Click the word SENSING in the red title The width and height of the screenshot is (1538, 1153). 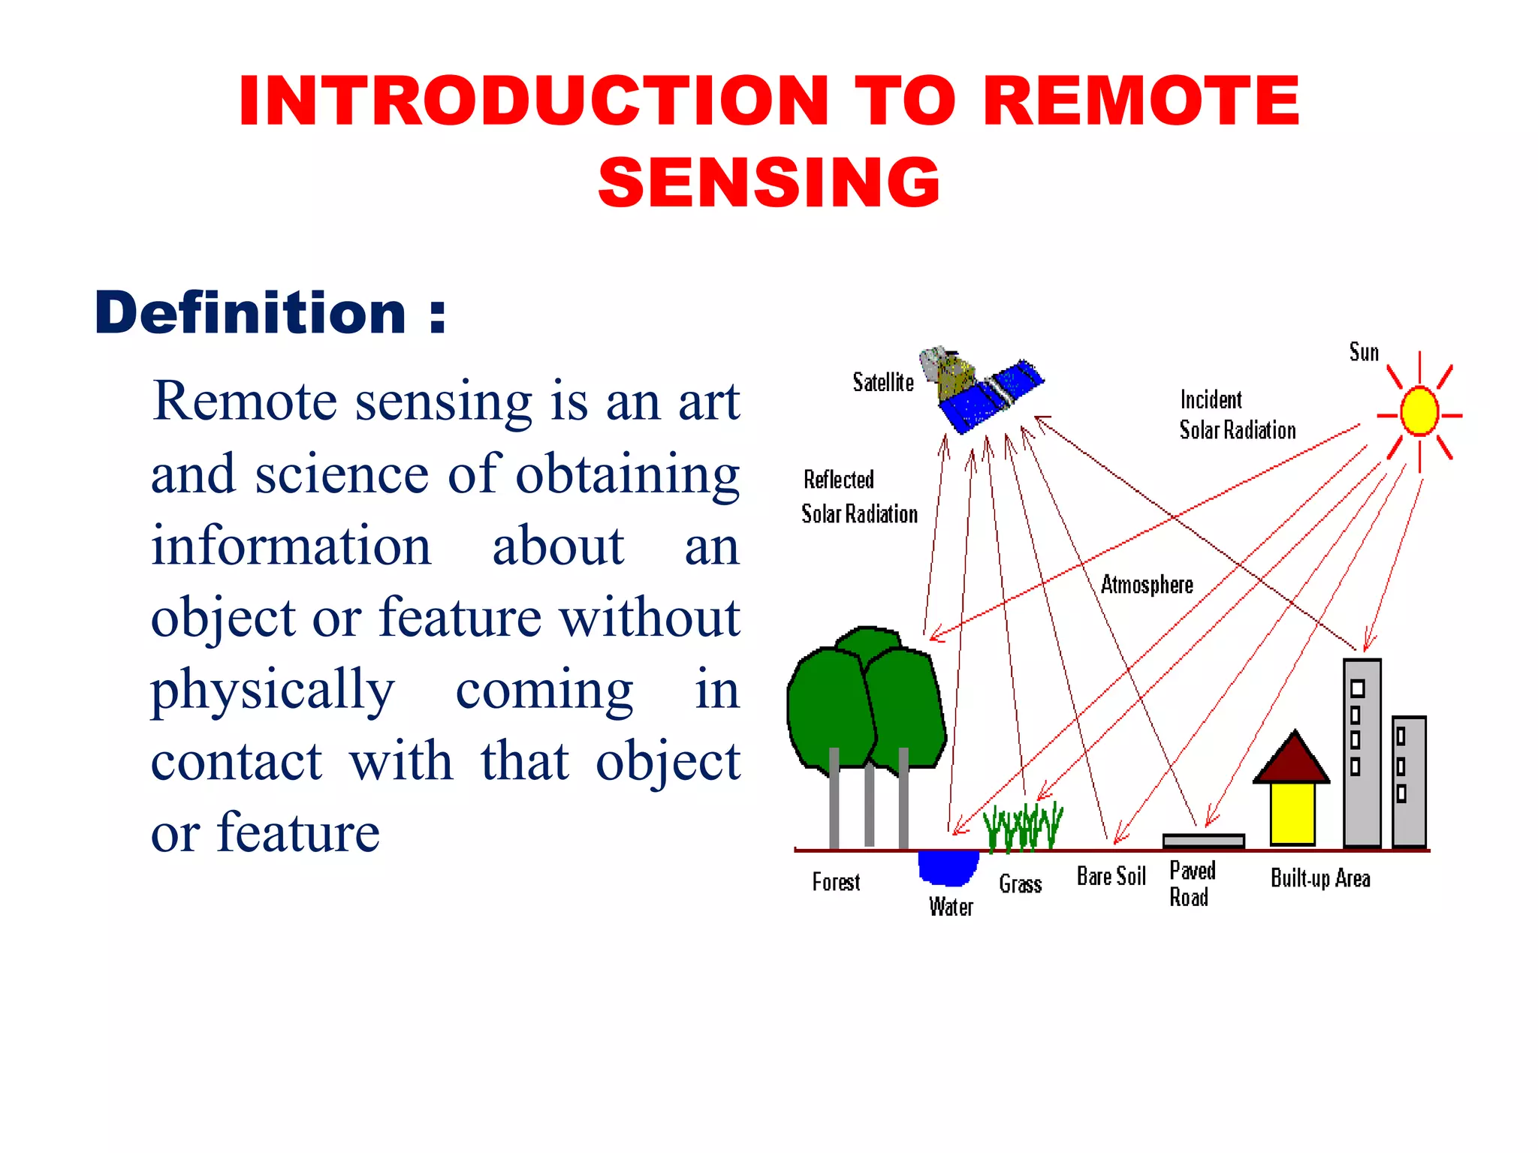pyautogui.click(x=769, y=182)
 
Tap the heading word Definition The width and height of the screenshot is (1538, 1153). pyautogui.click(x=250, y=313)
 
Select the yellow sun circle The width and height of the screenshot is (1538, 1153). pyautogui.click(x=1419, y=411)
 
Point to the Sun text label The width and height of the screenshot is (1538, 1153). pyautogui.click(x=1364, y=352)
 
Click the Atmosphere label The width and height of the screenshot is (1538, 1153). pyautogui.click(x=1147, y=585)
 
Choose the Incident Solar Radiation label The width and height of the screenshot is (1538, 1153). pyautogui.click(x=1236, y=415)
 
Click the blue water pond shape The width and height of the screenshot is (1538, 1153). pyautogui.click(x=948, y=868)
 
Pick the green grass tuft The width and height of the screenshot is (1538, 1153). pyautogui.click(x=1023, y=826)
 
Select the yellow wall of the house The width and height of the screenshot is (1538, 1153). pyautogui.click(x=1292, y=814)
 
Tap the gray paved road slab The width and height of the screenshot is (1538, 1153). pyautogui.click(x=1203, y=841)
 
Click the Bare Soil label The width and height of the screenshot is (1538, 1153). pyautogui.click(x=1111, y=876)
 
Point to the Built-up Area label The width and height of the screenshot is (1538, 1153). pyautogui.click(x=1319, y=878)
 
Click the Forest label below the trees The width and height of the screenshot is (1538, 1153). pyautogui.click(x=836, y=882)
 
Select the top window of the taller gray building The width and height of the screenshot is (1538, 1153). pyautogui.click(x=1357, y=688)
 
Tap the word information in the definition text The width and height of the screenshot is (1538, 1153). pyautogui.click(x=291, y=546)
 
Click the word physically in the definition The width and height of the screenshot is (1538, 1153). pyautogui.click(x=273, y=690)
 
